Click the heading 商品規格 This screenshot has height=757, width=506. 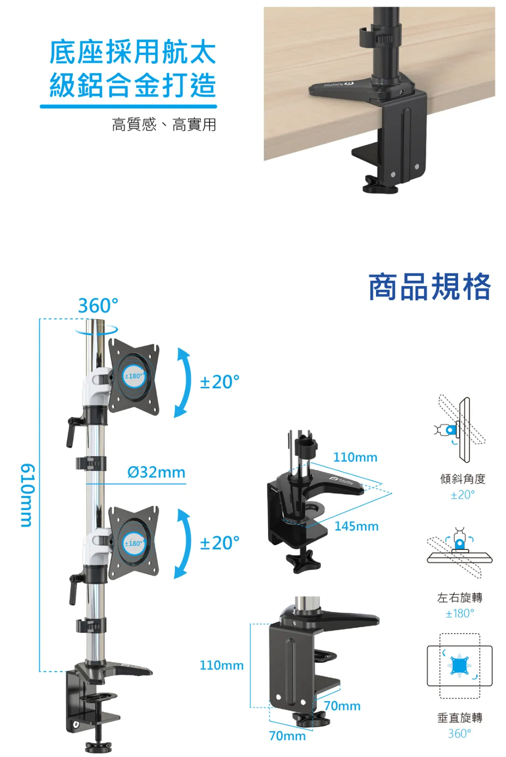pos(429,287)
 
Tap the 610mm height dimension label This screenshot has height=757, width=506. pos(27,495)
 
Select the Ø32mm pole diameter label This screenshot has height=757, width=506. pos(156,473)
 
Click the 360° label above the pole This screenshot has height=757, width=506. pos(98,306)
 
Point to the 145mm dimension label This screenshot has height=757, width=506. pos(356,526)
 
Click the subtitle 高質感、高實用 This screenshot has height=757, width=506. pos(164,125)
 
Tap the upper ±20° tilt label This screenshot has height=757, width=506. pos(220,382)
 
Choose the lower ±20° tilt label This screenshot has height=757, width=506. pos(220,543)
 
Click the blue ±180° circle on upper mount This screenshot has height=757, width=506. pos(134,376)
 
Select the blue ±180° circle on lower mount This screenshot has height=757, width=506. pos(134,544)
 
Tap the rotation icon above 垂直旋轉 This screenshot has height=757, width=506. pos(460,666)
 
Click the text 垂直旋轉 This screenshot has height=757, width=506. pos(460,717)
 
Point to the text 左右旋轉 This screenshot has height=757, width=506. pos(460,597)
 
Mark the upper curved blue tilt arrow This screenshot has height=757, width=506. pos(182,382)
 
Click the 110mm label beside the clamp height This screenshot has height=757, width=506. pos(221,665)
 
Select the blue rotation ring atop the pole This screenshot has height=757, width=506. pos(96,330)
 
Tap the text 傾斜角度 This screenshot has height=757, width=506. pos(462,479)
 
